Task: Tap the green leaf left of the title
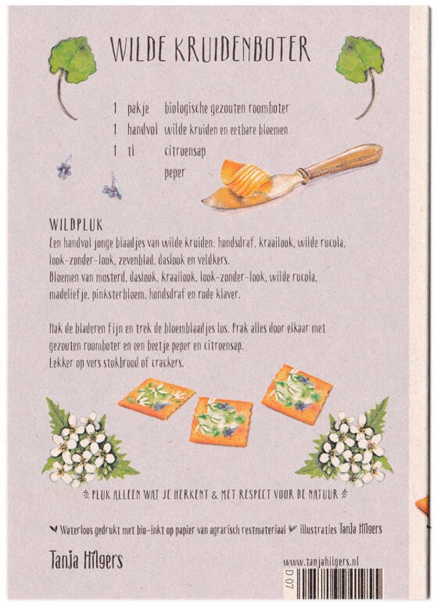click(72, 60)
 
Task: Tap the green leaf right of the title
click(360, 59)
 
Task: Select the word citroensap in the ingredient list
click(184, 151)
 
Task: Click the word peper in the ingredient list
click(175, 173)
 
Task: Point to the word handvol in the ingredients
click(143, 130)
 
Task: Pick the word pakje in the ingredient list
click(138, 109)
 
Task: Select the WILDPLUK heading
click(76, 224)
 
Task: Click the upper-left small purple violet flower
click(64, 168)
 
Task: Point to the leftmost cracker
click(157, 399)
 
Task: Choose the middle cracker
click(221, 421)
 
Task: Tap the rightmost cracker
click(297, 394)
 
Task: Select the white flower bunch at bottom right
click(348, 447)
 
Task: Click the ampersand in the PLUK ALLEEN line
click(215, 495)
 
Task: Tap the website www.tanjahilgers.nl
click(321, 563)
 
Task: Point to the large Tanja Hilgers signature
click(86, 560)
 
